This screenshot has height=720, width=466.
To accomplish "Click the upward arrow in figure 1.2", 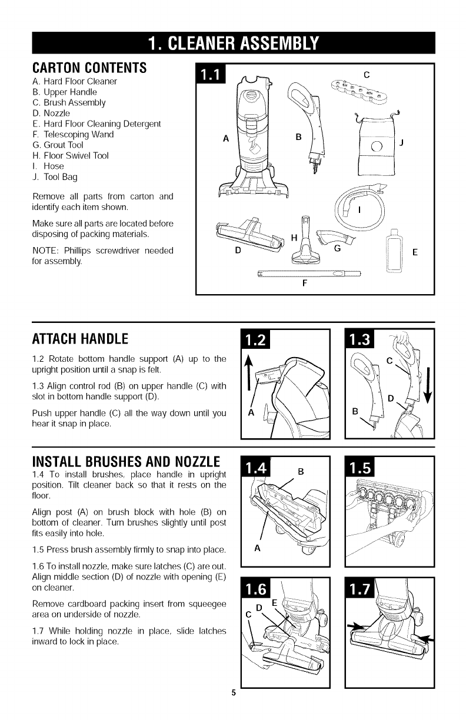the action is point(248,374).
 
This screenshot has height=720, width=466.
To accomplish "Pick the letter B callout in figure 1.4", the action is point(301,471).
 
